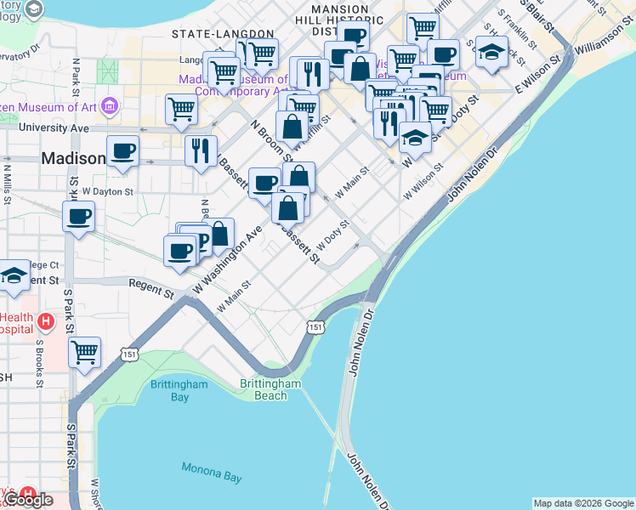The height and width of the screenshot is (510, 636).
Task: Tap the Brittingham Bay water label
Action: pos(181,390)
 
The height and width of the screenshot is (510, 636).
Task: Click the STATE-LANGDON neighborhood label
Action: pos(223,34)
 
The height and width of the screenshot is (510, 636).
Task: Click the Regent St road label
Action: pos(150,289)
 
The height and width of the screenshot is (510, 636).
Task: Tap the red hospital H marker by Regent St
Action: pos(46,322)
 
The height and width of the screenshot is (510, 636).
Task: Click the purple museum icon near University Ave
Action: pos(109,107)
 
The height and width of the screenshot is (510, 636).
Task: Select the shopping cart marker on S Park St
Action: pos(84,350)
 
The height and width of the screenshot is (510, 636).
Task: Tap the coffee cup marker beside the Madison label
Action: pos(123,150)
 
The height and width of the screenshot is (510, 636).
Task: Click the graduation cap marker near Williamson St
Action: pos(491,53)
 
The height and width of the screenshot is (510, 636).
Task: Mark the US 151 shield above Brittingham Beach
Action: pos(315,326)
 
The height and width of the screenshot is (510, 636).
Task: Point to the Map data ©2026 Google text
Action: pos(583,503)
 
